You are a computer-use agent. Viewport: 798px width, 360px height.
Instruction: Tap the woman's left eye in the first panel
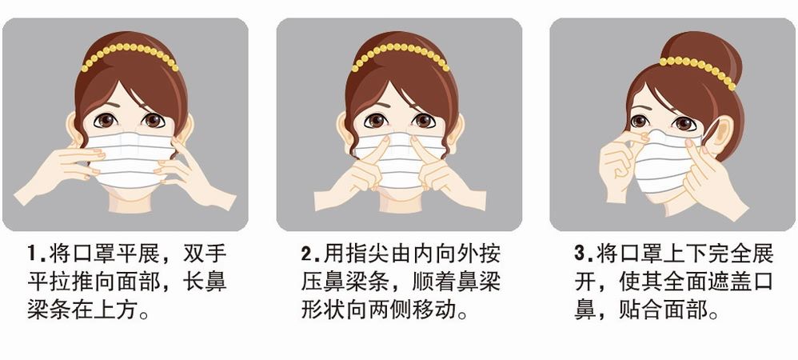coord(105,121)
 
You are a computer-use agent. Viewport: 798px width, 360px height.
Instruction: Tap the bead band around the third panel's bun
coord(697,67)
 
